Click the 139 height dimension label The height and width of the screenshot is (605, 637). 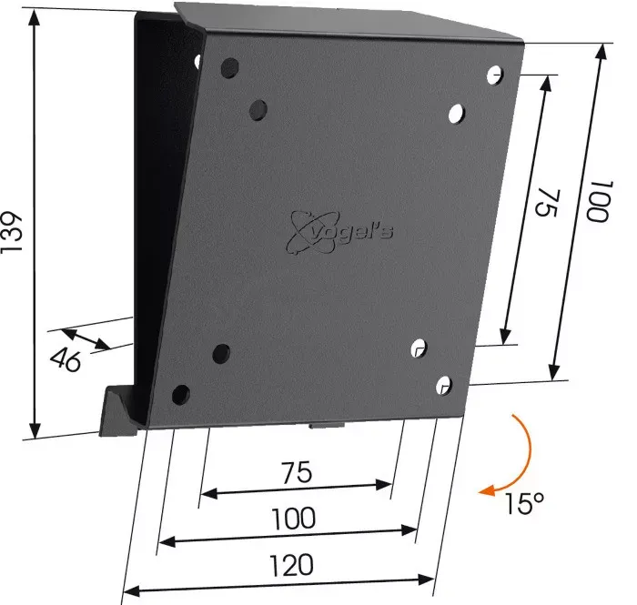click(11, 232)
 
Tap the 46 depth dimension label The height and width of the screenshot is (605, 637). click(66, 359)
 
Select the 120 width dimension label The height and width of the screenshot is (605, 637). click(292, 565)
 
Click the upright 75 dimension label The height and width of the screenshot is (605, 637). click(297, 472)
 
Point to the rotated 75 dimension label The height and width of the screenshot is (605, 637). click(548, 203)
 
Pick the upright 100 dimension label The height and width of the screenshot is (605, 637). click(293, 518)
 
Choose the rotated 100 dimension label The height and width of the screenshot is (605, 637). click(599, 201)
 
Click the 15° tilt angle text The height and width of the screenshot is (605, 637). click(523, 503)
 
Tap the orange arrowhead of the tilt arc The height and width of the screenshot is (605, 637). click(488, 490)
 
